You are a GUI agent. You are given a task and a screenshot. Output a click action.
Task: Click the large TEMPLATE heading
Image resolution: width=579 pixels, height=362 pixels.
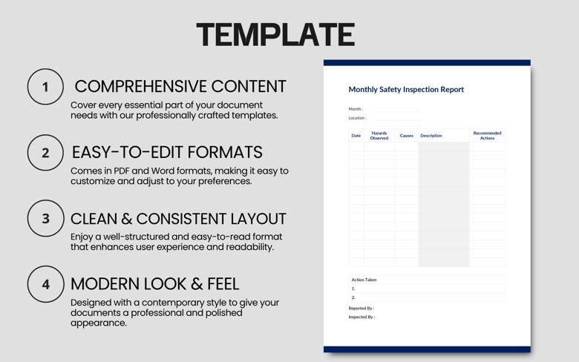coord(275,35)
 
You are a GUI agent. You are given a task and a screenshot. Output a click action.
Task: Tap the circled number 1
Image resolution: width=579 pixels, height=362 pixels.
coord(45,87)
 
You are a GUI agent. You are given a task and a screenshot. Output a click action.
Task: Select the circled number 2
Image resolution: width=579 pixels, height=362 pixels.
coord(45,153)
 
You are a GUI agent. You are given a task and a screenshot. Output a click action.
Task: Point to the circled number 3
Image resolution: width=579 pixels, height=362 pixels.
coord(45,219)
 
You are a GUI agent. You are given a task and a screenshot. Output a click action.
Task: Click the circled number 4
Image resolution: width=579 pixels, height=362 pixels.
coord(45,284)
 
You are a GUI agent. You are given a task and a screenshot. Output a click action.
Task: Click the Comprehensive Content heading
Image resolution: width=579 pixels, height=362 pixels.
coord(180,86)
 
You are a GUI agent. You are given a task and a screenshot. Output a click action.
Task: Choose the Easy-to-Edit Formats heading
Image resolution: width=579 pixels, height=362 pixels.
coord(167,152)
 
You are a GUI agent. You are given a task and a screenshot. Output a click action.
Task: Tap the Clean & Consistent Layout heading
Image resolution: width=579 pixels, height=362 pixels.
coord(178,219)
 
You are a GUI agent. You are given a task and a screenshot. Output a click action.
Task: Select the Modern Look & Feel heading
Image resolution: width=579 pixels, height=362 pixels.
coord(154,283)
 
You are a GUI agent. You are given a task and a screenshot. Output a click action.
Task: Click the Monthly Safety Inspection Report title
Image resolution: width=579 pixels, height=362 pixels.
coord(406,90)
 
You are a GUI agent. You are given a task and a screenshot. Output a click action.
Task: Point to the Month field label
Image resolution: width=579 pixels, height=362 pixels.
coord(356,109)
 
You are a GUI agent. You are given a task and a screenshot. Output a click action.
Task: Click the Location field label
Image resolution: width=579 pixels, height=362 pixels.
coord(357,118)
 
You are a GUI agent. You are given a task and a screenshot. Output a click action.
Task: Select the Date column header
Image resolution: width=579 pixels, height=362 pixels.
coord(356,136)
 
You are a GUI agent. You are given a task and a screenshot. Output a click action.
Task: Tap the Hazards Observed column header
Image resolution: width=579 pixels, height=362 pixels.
coord(379,136)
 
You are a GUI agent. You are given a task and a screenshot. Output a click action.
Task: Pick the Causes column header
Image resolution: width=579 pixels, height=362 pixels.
coord(407,136)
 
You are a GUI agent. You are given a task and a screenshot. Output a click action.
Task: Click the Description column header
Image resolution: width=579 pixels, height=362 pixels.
coord(431,136)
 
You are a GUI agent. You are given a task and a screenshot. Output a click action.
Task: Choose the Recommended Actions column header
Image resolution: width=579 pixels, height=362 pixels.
coord(487,136)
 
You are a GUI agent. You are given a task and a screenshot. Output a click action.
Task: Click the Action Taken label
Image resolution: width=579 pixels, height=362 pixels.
coord(364,280)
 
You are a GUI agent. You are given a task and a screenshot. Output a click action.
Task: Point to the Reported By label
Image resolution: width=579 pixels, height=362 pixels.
coord(362,308)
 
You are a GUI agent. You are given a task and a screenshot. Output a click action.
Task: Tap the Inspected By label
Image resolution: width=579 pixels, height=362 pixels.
coord(362,317)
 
